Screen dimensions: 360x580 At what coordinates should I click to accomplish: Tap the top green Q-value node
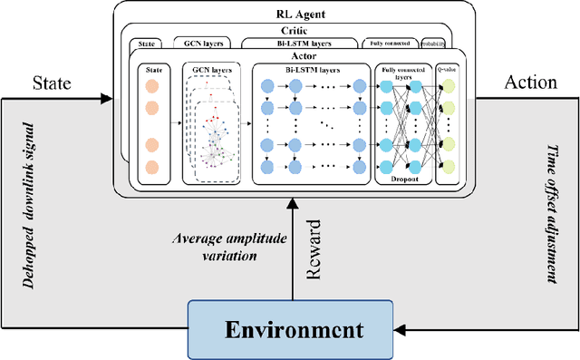point(448,85)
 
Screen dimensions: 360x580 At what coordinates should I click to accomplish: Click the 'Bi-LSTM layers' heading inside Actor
point(311,69)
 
